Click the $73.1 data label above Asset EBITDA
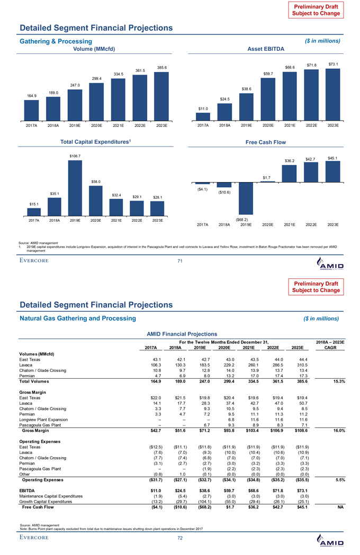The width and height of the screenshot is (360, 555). click(x=334, y=64)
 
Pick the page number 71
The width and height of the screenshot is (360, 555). click(x=181, y=260)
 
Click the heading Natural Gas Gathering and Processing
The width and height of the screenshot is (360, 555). click(x=78, y=317)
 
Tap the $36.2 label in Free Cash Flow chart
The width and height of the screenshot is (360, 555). click(x=289, y=160)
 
